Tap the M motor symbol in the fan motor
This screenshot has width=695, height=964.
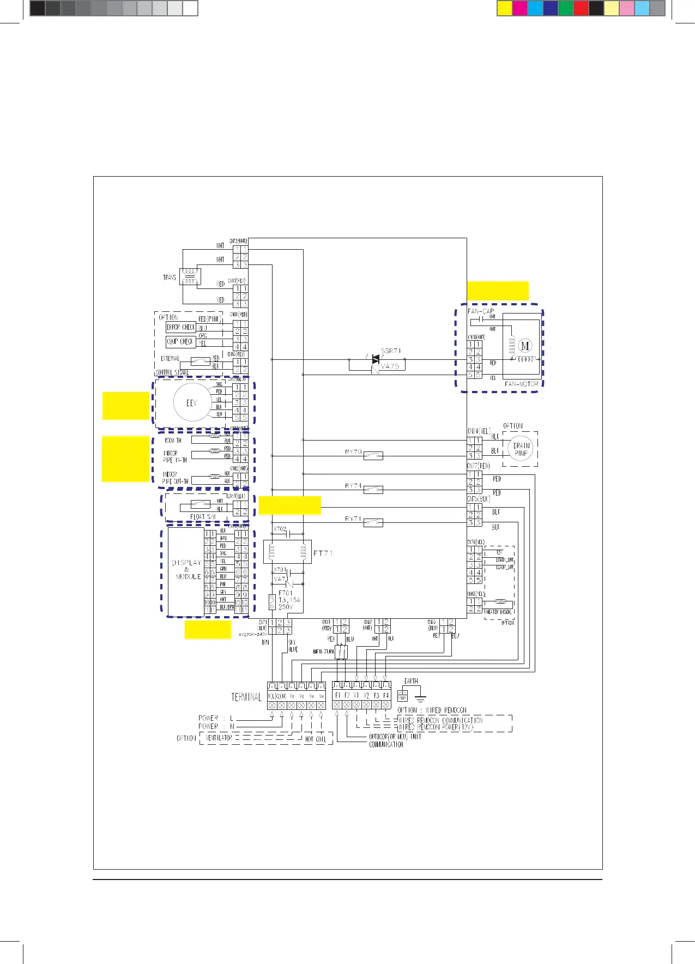[x=525, y=346]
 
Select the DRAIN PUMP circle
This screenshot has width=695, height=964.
[x=521, y=449]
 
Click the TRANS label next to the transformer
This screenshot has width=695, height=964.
[x=170, y=278]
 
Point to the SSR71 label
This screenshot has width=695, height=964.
[x=391, y=351]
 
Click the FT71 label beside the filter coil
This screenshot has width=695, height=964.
[x=323, y=553]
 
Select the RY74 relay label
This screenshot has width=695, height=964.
[x=353, y=486]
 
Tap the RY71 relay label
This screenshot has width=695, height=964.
[x=353, y=519]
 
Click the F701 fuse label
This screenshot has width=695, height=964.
[x=286, y=593]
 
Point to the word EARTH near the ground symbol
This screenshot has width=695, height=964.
[x=411, y=681]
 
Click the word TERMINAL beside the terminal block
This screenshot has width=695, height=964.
[x=246, y=697]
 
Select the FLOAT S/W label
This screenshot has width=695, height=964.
[x=203, y=517]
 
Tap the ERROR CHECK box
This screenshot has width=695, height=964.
[x=180, y=328]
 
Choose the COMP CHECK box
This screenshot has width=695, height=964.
[x=180, y=342]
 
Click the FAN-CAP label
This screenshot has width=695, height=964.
[x=481, y=311]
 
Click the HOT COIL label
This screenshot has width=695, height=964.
[x=316, y=739]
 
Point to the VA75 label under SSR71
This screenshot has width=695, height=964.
[x=390, y=366]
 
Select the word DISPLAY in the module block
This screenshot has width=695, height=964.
[x=186, y=562]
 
